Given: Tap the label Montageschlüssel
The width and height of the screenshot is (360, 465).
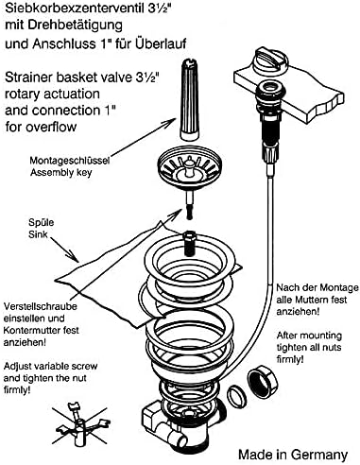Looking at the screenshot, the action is (x=70, y=161).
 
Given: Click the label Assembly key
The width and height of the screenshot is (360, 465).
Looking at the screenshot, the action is (x=60, y=173).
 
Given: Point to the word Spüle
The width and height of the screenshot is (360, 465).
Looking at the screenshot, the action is (x=41, y=222).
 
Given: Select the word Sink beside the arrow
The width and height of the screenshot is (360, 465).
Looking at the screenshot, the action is (x=38, y=234).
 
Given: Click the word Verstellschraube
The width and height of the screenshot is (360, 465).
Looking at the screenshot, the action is (x=41, y=306).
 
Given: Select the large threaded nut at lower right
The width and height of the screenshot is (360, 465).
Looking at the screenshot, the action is (x=263, y=381).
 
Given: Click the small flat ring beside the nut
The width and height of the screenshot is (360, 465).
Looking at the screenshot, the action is (x=236, y=396).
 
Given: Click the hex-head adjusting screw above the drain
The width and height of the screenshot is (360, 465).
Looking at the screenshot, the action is (x=189, y=242).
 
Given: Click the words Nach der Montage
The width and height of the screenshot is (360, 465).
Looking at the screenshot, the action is (x=317, y=287).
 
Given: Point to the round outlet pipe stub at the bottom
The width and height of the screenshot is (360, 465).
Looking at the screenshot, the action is (x=177, y=439).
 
